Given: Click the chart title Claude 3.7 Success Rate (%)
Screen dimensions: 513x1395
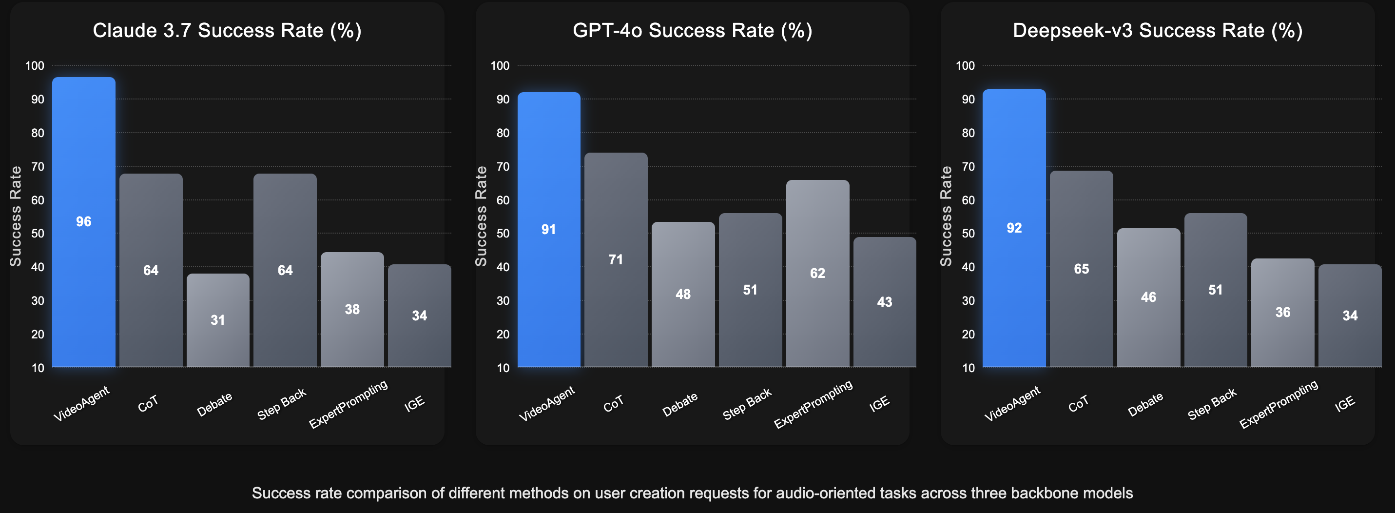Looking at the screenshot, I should [x=227, y=30].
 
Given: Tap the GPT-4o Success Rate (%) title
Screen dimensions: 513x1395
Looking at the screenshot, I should [x=692, y=30].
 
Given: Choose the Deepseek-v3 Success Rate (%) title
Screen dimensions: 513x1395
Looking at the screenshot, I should [x=1157, y=30].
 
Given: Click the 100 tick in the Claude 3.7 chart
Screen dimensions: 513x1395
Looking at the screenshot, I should [x=35, y=65].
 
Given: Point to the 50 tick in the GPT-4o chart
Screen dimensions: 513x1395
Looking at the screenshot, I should [x=503, y=234].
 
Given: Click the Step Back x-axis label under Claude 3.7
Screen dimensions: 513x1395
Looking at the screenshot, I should [x=282, y=404].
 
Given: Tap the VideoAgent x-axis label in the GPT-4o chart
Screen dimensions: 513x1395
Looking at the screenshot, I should [x=546, y=404].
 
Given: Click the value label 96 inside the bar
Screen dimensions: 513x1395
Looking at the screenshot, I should [x=83, y=221].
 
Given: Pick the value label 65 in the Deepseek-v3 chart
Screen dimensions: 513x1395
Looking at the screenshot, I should [x=1081, y=269].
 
